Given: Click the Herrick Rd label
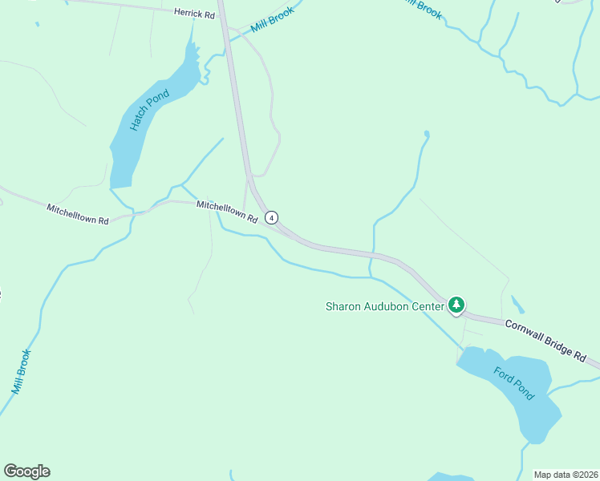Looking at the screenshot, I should point(195,14).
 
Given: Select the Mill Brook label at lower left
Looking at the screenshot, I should point(22,371).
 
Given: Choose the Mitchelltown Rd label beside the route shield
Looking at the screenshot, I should point(227,212).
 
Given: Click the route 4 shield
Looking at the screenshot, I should point(273,217).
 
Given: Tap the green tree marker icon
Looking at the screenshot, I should point(456,305).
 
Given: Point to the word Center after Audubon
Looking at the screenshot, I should point(428,306).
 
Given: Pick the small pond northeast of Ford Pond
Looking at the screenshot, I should point(517,305).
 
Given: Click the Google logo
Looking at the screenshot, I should point(26,471).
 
